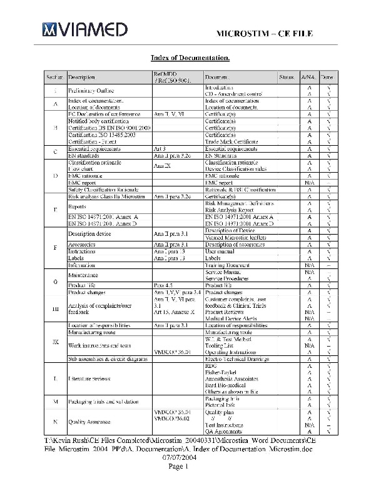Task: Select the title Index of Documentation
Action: pyautogui.click(x=190, y=58)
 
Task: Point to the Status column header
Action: pyautogui.click(x=287, y=77)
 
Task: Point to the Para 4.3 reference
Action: pyautogui.click(x=163, y=285)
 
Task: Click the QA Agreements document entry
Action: pyautogui.click(x=225, y=432)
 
